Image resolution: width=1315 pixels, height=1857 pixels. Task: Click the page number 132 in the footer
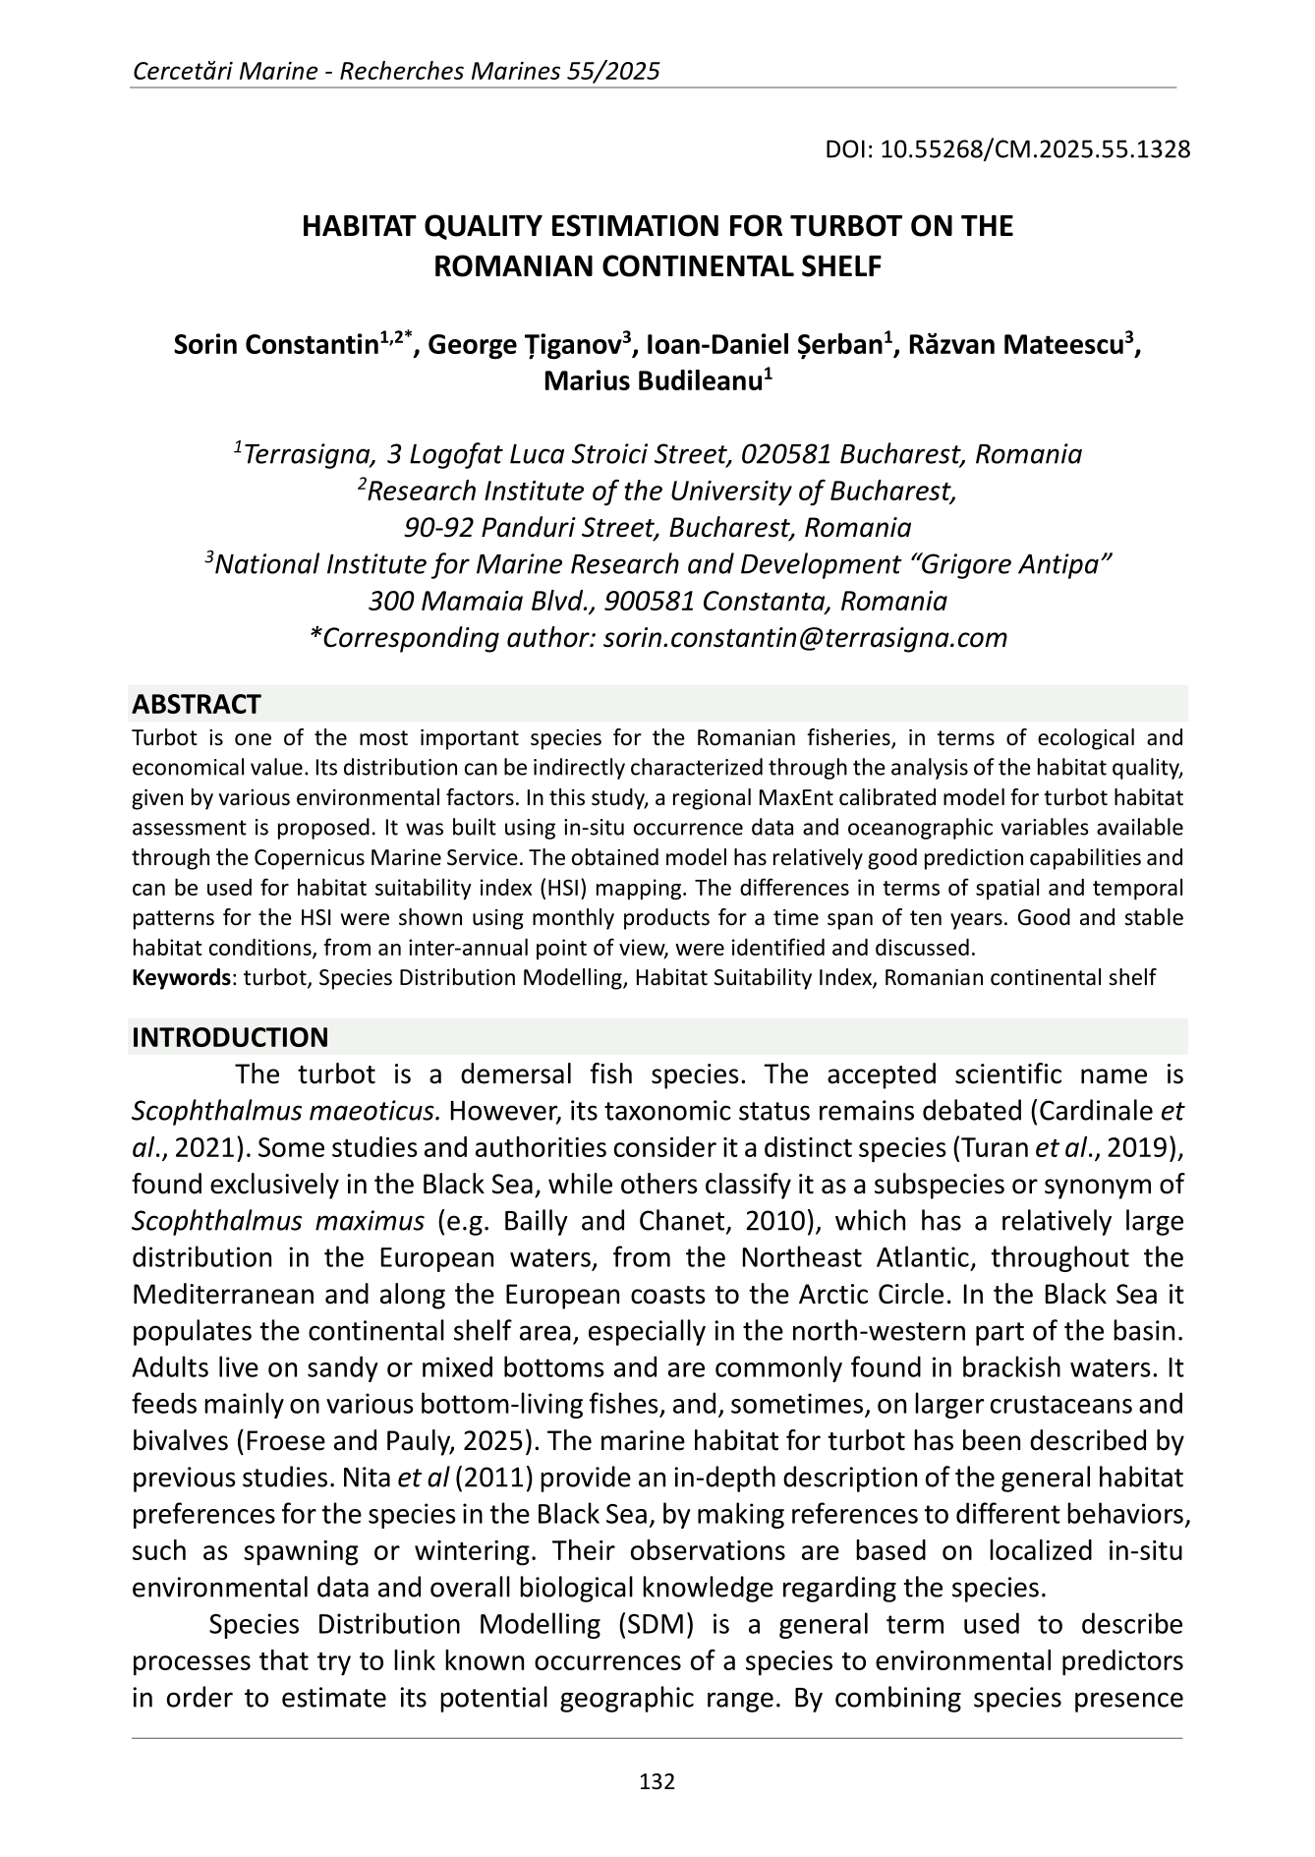coord(657,1780)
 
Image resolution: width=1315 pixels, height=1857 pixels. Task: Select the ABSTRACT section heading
coord(196,704)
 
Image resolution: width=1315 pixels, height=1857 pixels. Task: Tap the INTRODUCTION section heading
coord(230,1037)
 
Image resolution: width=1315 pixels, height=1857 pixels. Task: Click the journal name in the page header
coord(395,71)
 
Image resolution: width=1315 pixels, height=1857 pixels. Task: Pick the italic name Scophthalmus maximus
coord(278,1221)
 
